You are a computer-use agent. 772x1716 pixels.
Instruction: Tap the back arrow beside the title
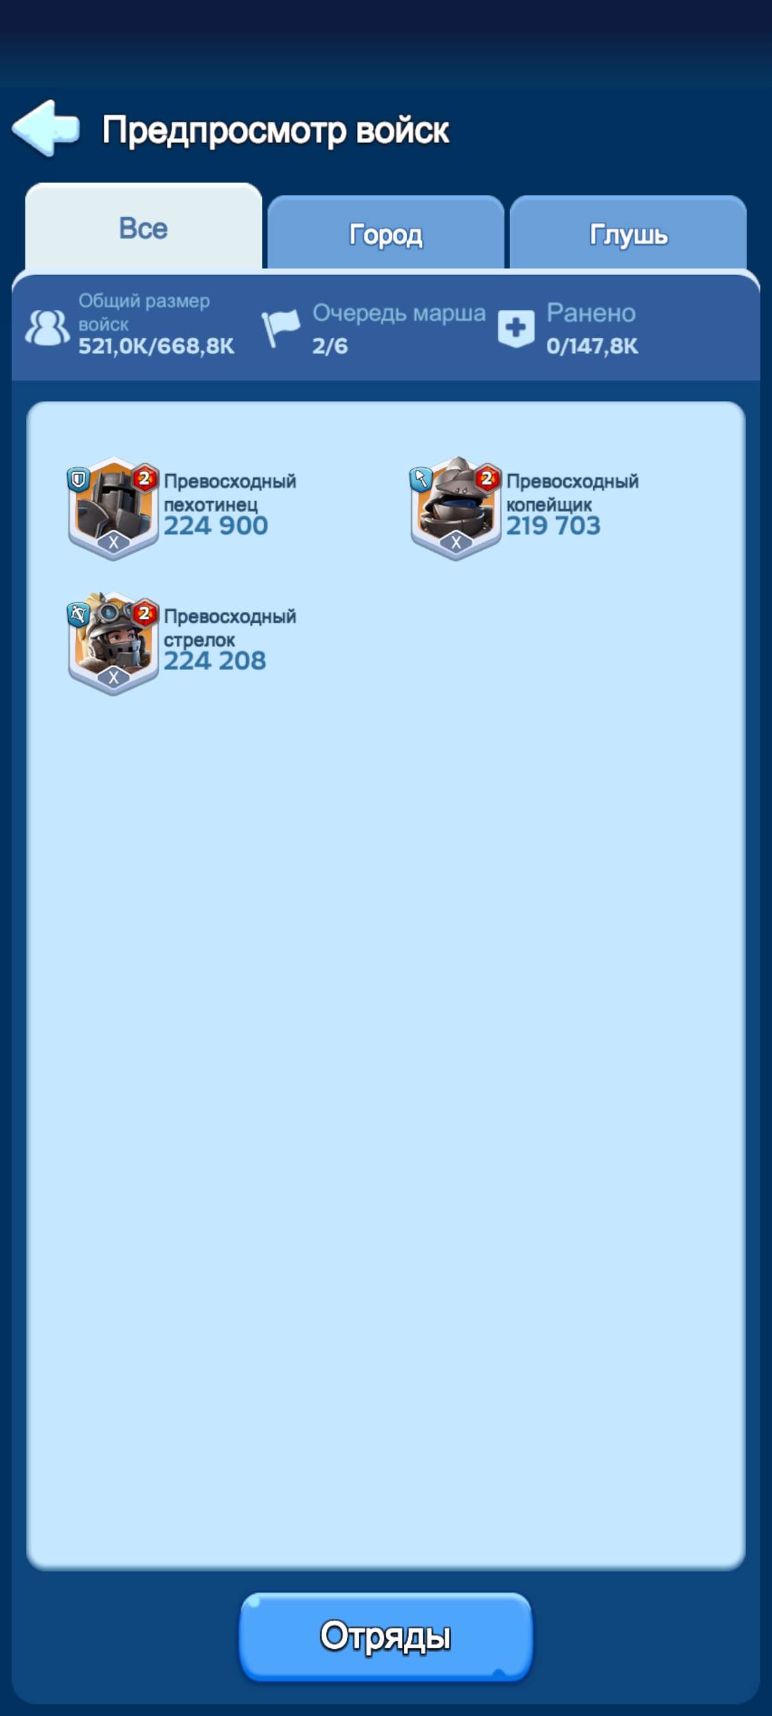pyautogui.click(x=46, y=128)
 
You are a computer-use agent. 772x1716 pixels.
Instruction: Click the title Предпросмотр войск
pyautogui.click(x=276, y=130)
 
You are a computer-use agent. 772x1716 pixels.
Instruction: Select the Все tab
pyautogui.click(x=143, y=228)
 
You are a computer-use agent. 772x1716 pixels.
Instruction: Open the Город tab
pyautogui.click(x=385, y=234)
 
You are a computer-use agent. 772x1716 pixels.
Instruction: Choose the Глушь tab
pyautogui.click(x=628, y=234)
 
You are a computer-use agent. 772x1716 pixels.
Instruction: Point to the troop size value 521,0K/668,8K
pyautogui.click(x=156, y=346)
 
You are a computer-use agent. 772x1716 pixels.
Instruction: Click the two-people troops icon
pyautogui.click(x=47, y=328)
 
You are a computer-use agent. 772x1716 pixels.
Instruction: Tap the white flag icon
pyautogui.click(x=280, y=328)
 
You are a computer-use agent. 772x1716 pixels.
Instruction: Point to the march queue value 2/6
pyautogui.click(x=330, y=345)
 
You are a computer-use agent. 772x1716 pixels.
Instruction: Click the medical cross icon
pyautogui.click(x=516, y=328)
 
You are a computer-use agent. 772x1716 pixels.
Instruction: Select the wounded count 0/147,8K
pyautogui.click(x=592, y=346)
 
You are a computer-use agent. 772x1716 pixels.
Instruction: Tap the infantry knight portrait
pyautogui.click(x=113, y=508)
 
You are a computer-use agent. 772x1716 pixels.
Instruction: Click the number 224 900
pyautogui.click(x=216, y=526)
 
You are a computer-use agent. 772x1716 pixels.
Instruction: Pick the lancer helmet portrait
pyautogui.click(x=456, y=508)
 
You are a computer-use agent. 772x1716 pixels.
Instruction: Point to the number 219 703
pyautogui.click(x=554, y=526)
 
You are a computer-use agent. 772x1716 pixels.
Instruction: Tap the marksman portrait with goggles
pyautogui.click(x=113, y=643)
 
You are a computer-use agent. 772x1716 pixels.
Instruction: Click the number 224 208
pyautogui.click(x=215, y=661)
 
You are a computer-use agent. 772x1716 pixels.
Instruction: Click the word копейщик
pyautogui.click(x=549, y=505)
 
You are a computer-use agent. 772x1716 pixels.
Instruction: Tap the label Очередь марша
pyautogui.click(x=399, y=313)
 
